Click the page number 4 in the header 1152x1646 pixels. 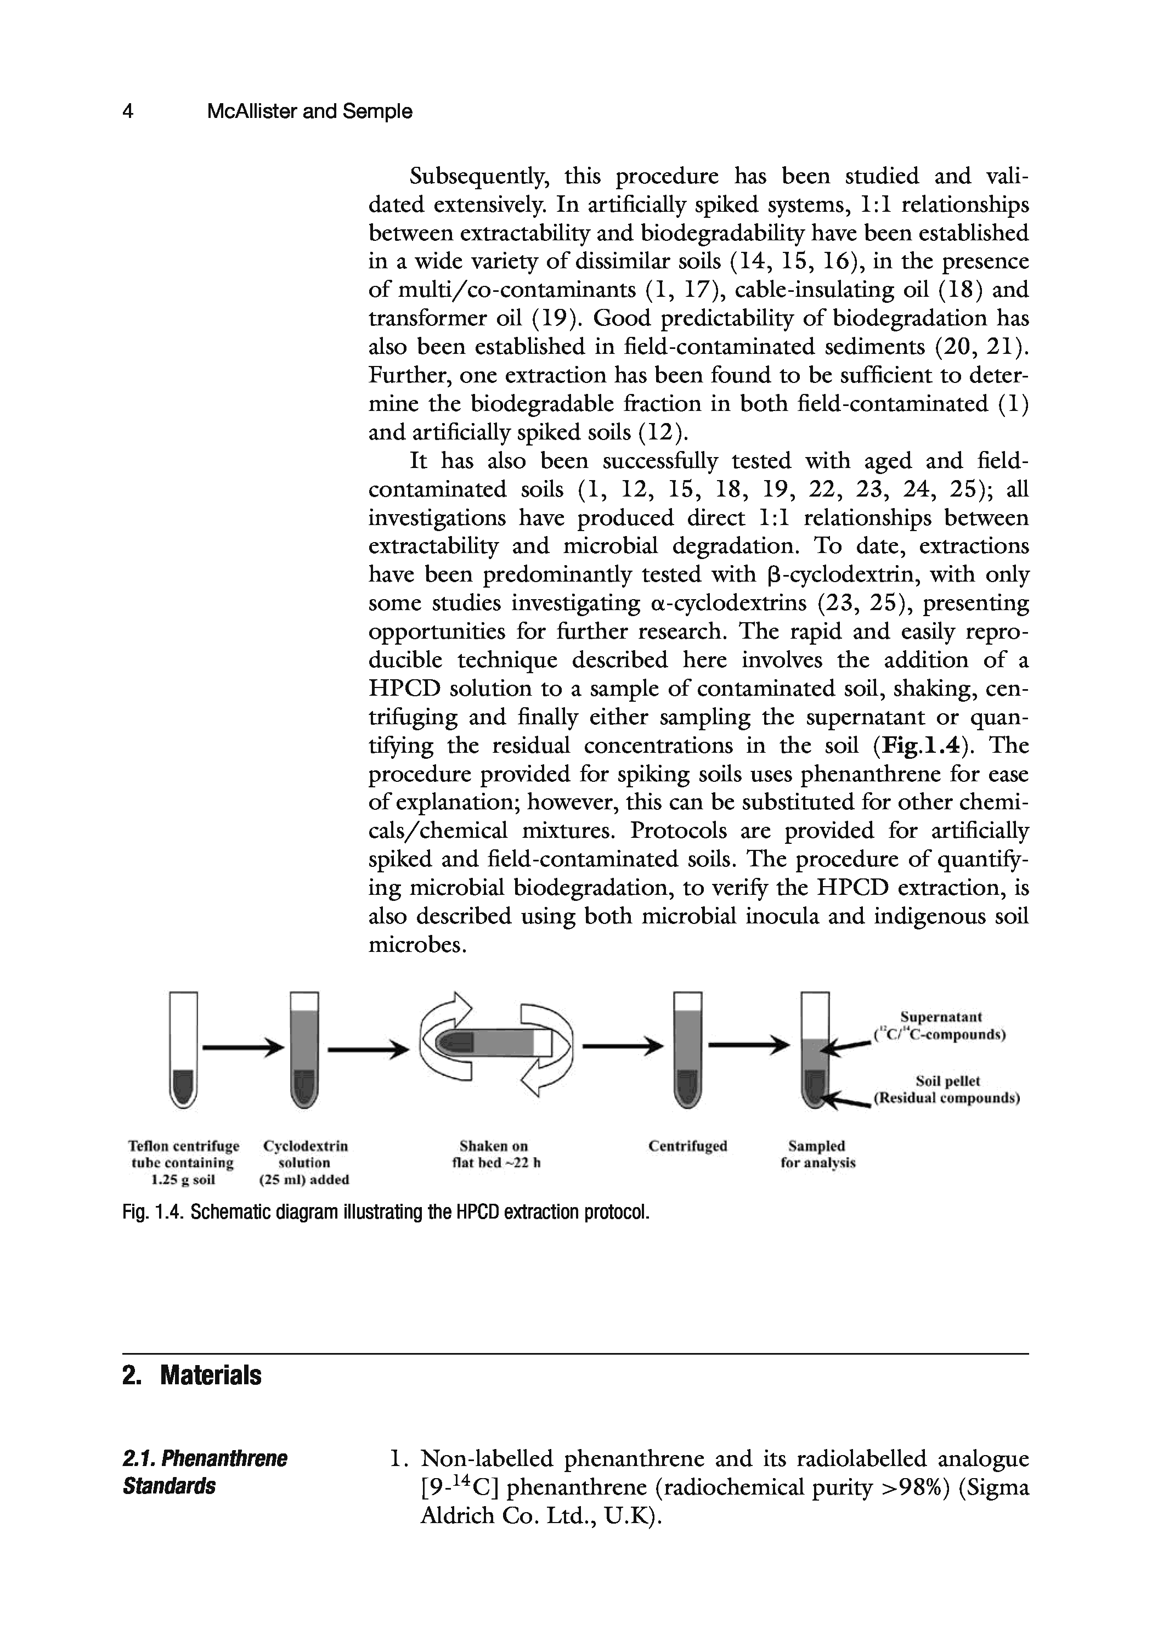pyautogui.click(x=128, y=112)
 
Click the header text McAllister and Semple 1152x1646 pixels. pyautogui.click(x=309, y=112)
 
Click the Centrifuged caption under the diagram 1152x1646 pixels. pyautogui.click(x=687, y=1146)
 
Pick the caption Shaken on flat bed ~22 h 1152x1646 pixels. pyautogui.click(x=495, y=1154)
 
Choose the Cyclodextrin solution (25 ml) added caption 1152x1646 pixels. pyautogui.click(x=304, y=1162)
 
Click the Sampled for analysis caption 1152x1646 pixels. pyautogui.click(x=817, y=1154)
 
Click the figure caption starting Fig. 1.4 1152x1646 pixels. pyautogui.click(x=386, y=1212)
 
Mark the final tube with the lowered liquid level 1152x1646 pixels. pyautogui.click(x=815, y=1050)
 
